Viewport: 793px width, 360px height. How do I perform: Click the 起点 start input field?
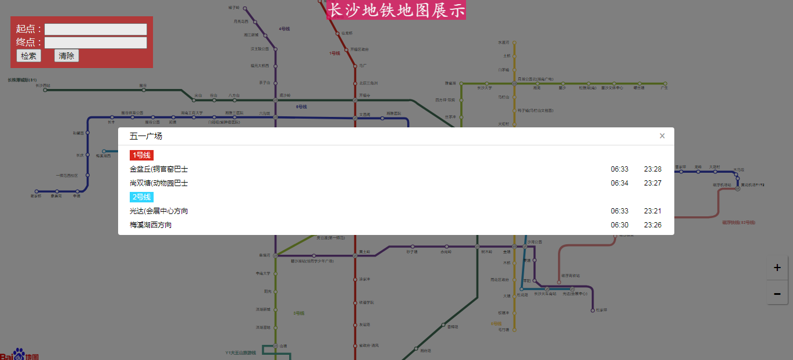(x=95, y=29)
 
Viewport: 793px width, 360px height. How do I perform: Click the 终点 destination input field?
(x=95, y=42)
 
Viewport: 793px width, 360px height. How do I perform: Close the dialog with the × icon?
(x=662, y=136)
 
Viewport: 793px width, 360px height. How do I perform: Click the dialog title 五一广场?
(x=146, y=136)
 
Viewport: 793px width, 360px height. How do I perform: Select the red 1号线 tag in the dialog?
(x=141, y=155)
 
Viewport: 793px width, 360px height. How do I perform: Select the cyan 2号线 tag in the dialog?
(x=141, y=197)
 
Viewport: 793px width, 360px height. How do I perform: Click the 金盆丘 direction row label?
(x=159, y=169)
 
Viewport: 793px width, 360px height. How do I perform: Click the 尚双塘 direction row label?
(x=159, y=183)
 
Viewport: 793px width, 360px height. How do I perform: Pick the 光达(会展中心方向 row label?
(x=159, y=211)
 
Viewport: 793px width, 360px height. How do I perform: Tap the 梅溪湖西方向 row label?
(x=151, y=225)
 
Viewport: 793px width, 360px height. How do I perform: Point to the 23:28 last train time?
(x=653, y=169)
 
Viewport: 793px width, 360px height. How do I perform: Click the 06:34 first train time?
(x=620, y=183)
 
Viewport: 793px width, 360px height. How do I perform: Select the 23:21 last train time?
(x=653, y=211)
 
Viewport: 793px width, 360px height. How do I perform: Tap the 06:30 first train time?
(x=620, y=225)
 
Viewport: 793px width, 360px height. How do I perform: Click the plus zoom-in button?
(x=777, y=268)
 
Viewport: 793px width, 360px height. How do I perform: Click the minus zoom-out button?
(x=777, y=294)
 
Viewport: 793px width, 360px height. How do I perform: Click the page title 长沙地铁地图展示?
(x=396, y=10)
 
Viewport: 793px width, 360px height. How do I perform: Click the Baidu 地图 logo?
(x=20, y=355)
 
